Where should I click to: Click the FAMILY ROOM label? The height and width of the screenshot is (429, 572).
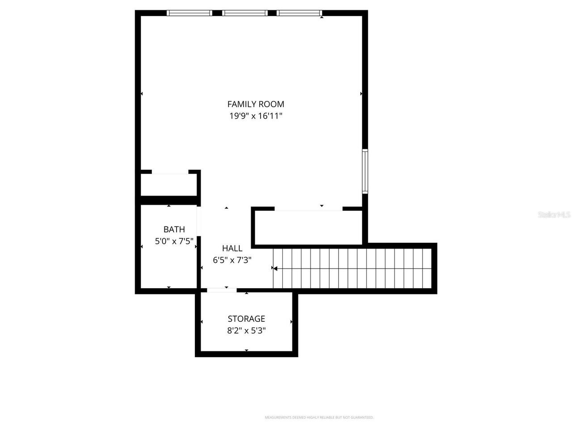click(x=256, y=104)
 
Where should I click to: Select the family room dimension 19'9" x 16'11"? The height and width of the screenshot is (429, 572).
click(x=256, y=116)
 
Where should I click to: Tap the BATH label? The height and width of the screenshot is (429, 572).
click(x=174, y=230)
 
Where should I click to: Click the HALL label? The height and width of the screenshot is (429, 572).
click(x=232, y=248)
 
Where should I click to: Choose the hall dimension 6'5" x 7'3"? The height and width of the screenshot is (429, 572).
click(x=232, y=260)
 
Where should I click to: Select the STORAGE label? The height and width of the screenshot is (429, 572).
click(x=246, y=319)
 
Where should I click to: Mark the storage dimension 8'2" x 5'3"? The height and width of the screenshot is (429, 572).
click(x=246, y=331)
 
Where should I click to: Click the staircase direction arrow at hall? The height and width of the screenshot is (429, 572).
click(x=275, y=269)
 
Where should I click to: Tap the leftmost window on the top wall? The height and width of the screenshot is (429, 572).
click(x=189, y=13)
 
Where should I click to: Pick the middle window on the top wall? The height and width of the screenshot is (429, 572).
click(x=244, y=13)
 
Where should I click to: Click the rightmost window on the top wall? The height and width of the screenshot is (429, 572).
click(x=299, y=13)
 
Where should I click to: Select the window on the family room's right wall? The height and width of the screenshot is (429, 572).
click(x=365, y=171)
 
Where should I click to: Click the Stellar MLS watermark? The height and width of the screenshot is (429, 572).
click(x=554, y=215)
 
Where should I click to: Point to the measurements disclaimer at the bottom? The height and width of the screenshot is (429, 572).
click(x=319, y=417)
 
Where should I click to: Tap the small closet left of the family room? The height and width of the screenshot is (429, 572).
click(x=168, y=184)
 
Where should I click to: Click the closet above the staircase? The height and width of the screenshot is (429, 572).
click(x=308, y=227)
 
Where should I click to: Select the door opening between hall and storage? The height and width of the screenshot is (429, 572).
click(x=222, y=290)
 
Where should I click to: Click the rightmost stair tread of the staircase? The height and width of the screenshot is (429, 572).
click(x=426, y=269)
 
